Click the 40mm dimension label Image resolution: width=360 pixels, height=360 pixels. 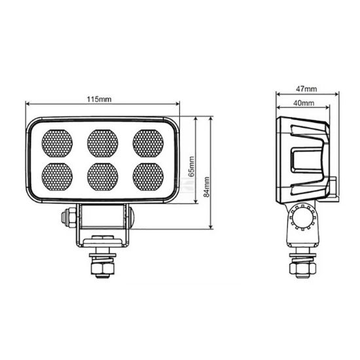click(302, 103)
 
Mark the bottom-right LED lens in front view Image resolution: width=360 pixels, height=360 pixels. click(147, 175)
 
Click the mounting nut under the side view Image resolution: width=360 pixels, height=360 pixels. click(303, 268)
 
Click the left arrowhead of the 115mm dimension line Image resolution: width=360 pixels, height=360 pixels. click(28, 104)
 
